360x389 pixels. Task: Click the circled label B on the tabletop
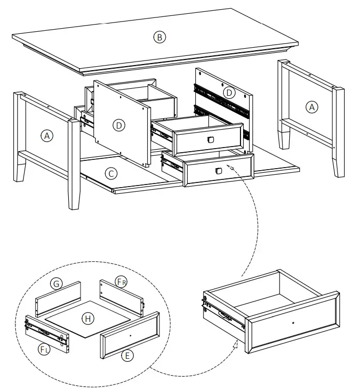pyautogui.click(x=159, y=37)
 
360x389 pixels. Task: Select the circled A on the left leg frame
pyautogui.click(x=47, y=136)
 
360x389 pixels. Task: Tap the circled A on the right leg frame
pyautogui.click(x=311, y=107)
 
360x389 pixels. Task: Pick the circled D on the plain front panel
pyautogui.click(x=119, y=125)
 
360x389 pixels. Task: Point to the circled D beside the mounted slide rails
pyautogui.click(x=229, y=93)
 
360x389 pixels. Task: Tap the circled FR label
pyautogui.click(x=121, y=282)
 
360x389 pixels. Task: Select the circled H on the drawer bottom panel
pyautogui.click(x=88, y=319)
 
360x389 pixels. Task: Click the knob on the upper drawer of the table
pyautogui.click(x=210, y=139)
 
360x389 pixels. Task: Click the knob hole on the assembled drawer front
pyautogui.click(x=292, y=323)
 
